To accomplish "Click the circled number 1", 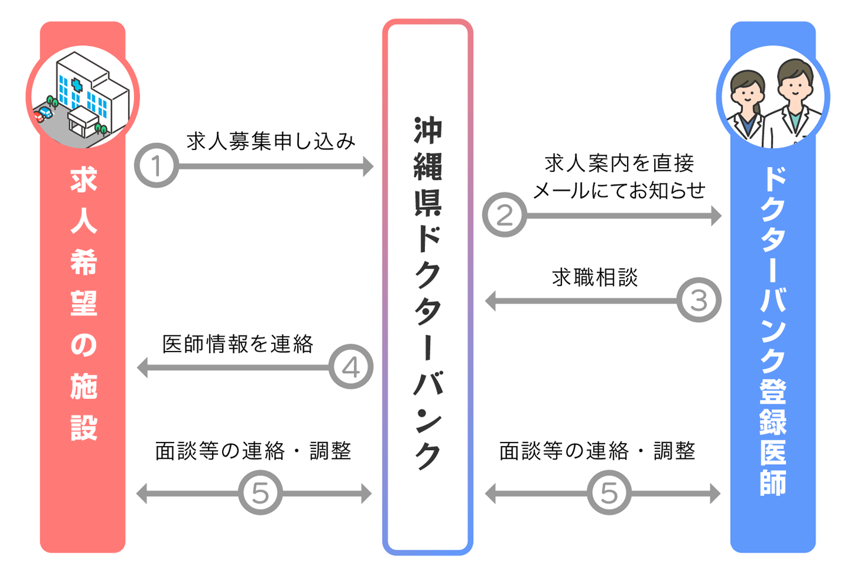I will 156,166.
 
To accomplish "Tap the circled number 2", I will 505,215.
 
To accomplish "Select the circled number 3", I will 699,300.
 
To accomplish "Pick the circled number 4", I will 350,367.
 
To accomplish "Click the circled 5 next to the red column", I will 260,492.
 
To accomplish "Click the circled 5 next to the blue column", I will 609,492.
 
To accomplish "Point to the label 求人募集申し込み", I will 271,141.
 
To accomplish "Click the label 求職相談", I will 595,277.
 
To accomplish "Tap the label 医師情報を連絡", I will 238,344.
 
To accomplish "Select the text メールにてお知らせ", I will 619,190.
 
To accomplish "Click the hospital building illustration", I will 91,94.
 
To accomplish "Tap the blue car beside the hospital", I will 46,111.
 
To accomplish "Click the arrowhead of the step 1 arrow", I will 368,166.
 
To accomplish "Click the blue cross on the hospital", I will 77,86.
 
